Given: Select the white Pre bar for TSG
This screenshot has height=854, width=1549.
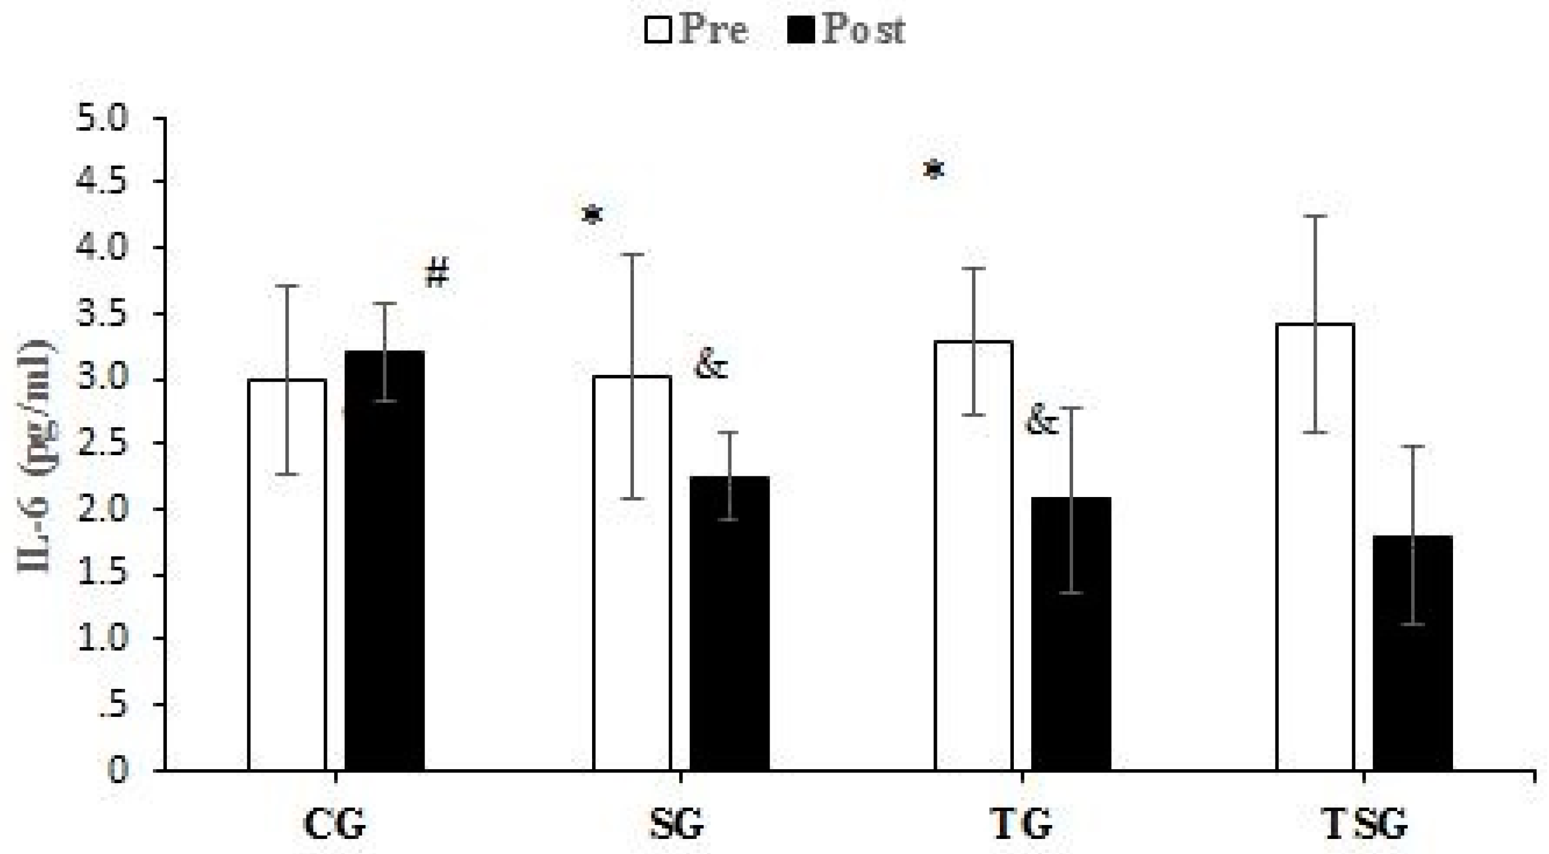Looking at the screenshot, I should coord(1315,547).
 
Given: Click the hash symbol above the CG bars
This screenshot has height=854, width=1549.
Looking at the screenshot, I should coord(437,274).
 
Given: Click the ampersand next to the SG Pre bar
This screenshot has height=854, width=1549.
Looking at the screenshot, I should coord(710,365).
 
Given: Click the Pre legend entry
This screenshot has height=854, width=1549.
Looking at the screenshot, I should coord(697,29).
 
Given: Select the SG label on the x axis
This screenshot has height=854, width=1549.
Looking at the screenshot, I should coord(676,825).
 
